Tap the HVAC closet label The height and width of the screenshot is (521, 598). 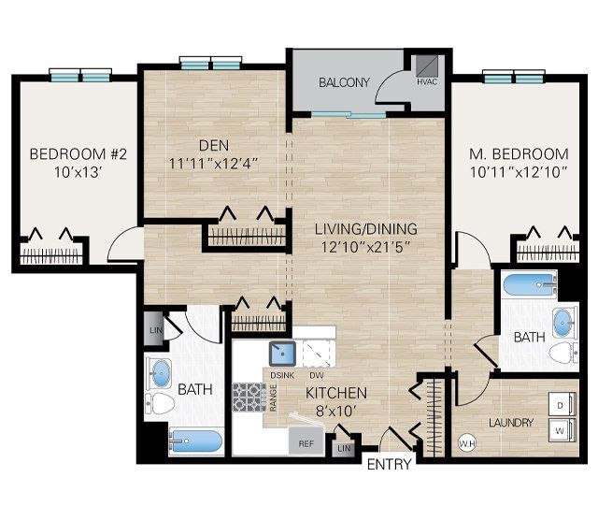click(x=426, y=82)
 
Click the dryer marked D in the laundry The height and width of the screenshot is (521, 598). click(x=559, y=405)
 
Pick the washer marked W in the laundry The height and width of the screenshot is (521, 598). click(x=559, y=432)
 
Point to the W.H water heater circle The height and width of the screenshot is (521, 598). click(x=466, y=442)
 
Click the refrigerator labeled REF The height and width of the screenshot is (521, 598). click(x=305, y=443)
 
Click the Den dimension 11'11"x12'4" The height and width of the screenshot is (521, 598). click(x=214, y=163)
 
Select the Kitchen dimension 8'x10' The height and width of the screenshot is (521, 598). click(x=335, y=411)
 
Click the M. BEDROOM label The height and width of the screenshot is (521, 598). click(x=520, y=153)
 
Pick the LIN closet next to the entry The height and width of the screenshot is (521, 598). click(x=344, y=449)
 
